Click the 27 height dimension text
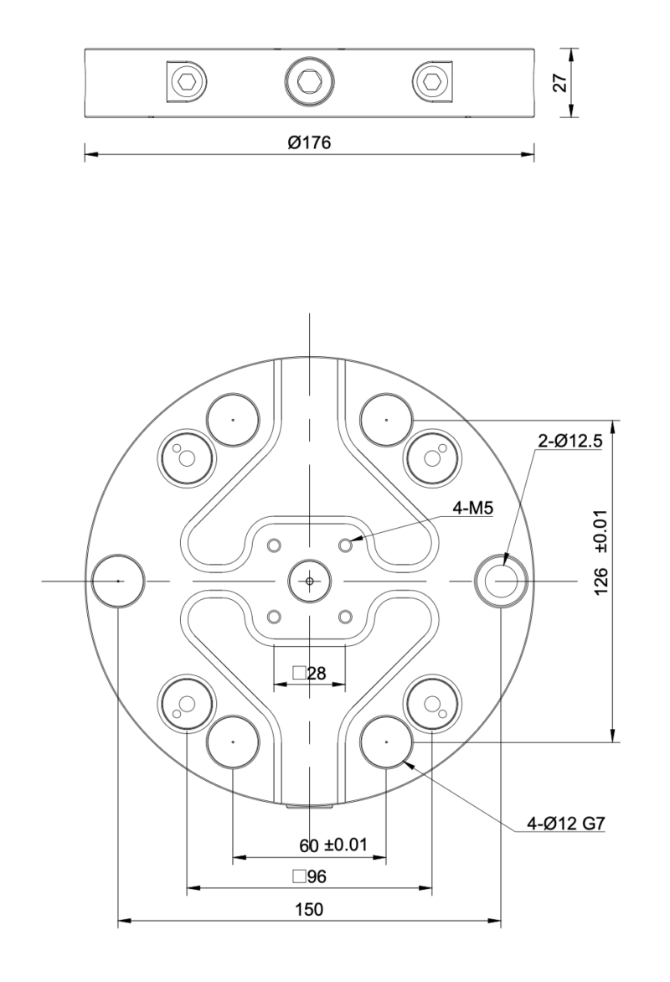tap(560, 82)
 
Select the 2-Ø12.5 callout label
tap(569, 442)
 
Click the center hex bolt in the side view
tap(309, 81)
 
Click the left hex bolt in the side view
tap(185, 81)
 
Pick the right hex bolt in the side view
tap(433, 81)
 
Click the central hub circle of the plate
tap(309, 580)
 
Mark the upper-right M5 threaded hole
tap(345, 545)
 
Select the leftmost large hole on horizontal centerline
tap(118, 580)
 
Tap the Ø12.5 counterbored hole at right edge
tap(501, 580)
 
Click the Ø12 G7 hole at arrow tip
tap(386, 742)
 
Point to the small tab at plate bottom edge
tap(309, 807)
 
